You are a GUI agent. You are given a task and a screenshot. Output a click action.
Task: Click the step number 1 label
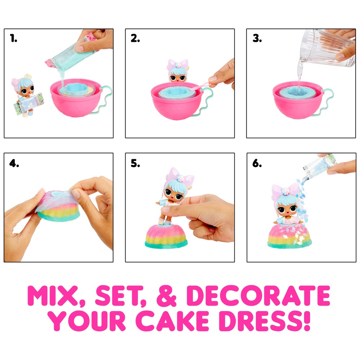pos(14,39)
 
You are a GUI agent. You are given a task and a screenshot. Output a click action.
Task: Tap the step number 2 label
pos(135,39)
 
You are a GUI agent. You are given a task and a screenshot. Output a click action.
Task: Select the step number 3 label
pos(257,39)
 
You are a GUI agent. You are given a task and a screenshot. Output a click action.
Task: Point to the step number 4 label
pos(14,163)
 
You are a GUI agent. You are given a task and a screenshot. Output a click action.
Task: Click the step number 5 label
pos(135,163)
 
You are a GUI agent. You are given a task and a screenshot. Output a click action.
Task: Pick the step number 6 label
pos(257,163)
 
